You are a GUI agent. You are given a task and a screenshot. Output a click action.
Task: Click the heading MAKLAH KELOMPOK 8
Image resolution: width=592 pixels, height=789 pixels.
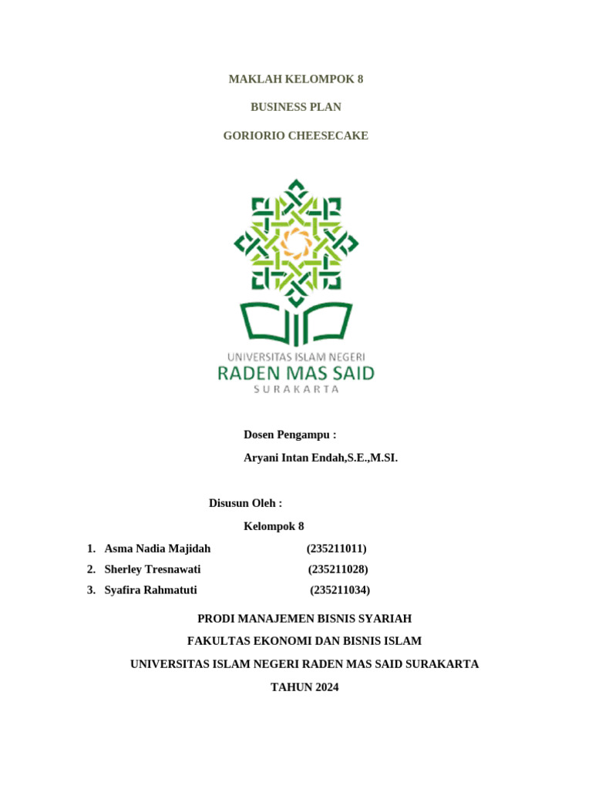point(296,79)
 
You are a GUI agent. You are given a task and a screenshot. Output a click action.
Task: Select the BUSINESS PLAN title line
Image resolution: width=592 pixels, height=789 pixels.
point(296,107)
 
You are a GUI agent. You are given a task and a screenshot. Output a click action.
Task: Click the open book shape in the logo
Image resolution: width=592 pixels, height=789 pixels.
point(296,324)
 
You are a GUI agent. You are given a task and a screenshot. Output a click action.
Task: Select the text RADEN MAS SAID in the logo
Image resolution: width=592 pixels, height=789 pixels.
point(296,374)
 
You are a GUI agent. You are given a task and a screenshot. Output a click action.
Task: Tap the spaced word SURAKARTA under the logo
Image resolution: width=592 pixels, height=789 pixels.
point(296,390)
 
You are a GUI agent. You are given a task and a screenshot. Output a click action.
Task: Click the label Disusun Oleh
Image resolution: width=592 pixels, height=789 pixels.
point(245,503)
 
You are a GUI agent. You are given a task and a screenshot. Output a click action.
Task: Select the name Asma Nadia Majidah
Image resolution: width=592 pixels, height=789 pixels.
point(157,549)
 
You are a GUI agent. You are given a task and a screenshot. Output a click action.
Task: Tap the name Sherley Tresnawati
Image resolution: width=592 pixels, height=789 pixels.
point(153,569)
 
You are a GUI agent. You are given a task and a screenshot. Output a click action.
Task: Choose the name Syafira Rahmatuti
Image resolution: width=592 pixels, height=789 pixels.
point(150,590)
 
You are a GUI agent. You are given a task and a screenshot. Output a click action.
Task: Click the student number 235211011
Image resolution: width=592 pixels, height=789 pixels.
point(336,549)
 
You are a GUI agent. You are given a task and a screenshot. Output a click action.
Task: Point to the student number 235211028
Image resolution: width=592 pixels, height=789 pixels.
point(338,569)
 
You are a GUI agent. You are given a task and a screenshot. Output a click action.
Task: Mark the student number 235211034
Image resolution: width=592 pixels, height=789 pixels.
point(341,590)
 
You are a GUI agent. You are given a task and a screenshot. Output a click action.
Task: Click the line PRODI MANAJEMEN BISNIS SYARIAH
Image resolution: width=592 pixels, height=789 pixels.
point(304,618)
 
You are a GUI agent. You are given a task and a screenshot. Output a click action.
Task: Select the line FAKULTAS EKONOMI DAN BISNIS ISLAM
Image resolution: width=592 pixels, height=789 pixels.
point(304,640)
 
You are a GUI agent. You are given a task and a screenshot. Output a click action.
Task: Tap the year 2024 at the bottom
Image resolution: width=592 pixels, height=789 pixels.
point(321,687)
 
